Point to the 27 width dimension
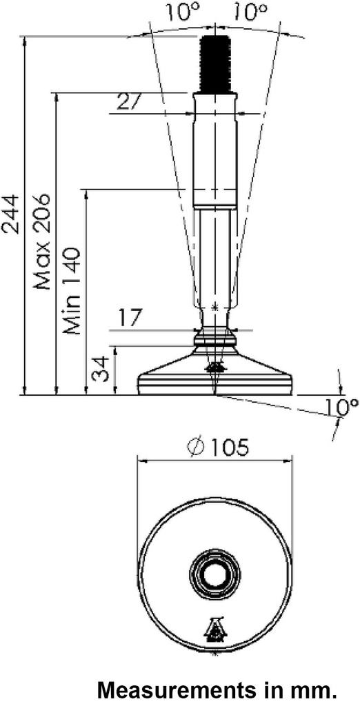pos(128,102)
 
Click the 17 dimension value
pos(129,319)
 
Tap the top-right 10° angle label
pos(248,11)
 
